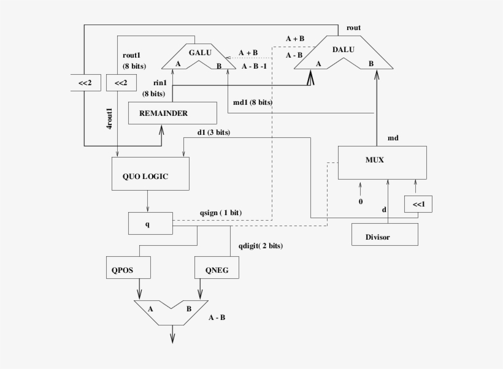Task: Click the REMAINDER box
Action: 172,113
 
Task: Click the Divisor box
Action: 385,235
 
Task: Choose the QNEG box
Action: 216,267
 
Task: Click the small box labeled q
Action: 150,223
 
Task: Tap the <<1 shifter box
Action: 418,204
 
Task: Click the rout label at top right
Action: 353,28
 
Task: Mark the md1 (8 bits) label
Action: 253,102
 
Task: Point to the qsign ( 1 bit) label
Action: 220,212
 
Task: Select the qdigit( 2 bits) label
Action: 261,246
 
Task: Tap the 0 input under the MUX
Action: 361,200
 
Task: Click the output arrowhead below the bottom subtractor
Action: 172,337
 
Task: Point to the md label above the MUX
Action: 393,138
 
